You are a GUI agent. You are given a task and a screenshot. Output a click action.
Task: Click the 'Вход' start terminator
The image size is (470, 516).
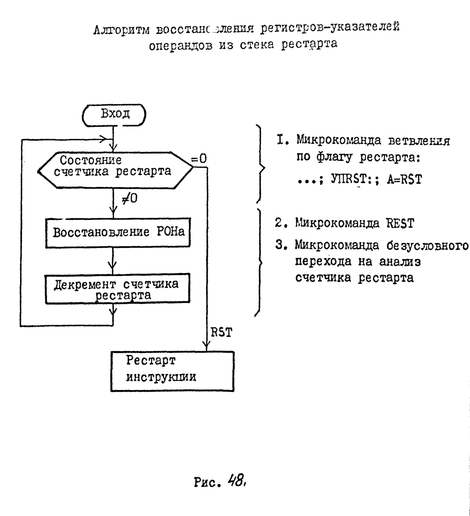point(114,114)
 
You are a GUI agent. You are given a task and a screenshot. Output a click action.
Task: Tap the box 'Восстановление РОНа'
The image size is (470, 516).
point(118,233)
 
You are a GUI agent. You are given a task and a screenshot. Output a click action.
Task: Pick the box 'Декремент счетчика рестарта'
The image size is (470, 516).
point(117,289)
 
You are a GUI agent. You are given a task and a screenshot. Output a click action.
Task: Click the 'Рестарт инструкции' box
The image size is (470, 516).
point(172,371)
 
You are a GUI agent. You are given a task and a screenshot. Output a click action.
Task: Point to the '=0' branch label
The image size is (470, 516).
point(199,159)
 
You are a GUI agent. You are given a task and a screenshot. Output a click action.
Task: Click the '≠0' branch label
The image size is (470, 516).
point(130,199)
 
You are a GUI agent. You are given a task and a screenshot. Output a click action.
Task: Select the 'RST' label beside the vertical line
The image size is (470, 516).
point(222,332)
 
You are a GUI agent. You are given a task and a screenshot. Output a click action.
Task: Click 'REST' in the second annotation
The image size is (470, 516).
point(400,224)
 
